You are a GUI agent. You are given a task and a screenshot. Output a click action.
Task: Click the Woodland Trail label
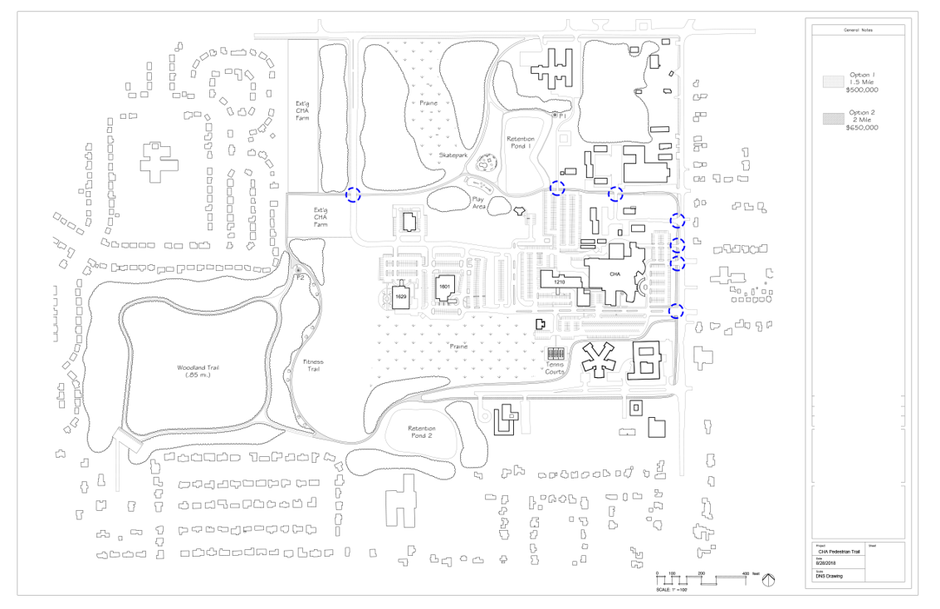coord(198,371)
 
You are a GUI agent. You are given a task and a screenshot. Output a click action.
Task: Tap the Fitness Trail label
coord(312,365)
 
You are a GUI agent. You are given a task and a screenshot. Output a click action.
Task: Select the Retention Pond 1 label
coord(521,142)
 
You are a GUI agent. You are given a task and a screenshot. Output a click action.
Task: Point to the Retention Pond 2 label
coord(421,432)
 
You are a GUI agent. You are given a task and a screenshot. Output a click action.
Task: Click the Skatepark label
coord(454,155)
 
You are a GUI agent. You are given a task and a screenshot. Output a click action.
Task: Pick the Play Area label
coord(478,202)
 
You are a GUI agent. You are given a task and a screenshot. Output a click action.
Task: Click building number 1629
coord(400,297)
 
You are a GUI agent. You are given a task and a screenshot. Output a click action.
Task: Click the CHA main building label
coord(615,273)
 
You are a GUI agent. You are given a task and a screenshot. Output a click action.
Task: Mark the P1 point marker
coord(555,115)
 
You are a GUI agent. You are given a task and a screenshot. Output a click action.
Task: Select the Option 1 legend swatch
coord(833,81)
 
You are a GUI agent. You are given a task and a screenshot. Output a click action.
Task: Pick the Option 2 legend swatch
coord(833,120)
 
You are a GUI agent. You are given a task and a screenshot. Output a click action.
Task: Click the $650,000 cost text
coord(862,128)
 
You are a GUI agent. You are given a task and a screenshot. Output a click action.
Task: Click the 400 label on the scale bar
coord(745,574)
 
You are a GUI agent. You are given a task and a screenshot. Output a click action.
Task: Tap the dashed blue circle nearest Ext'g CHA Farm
coord(353,194)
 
